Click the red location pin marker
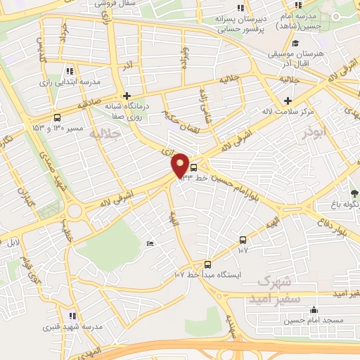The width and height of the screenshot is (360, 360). point(180,165)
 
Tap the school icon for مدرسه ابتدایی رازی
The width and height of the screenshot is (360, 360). point(69,71)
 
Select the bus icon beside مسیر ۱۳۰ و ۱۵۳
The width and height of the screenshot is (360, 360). point(57,118)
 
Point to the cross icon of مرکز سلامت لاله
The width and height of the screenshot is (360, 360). point(288,100)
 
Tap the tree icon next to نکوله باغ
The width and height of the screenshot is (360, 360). point(354,193)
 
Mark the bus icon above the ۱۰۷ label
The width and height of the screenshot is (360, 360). point(243,240)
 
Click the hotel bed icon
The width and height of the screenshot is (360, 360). point(150,243)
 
